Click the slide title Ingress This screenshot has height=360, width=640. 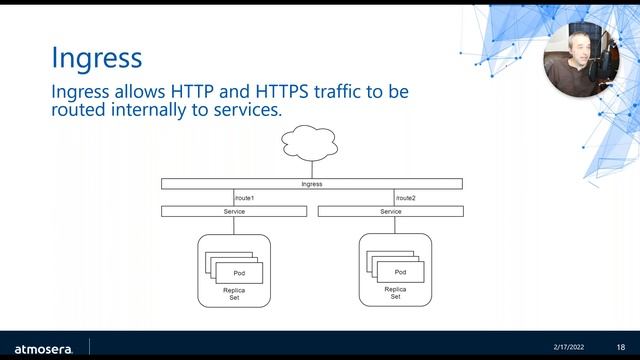pos(96,56)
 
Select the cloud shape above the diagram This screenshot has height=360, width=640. pos(311,143)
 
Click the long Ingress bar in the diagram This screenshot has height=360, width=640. pos(312,184)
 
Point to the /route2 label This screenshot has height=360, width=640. pos(405,198)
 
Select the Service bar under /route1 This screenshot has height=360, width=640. pos(234,211)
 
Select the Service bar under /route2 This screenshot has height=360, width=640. pos(390,211)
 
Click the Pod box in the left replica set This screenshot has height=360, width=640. pos(239,272)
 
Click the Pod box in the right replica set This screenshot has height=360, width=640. pos(400,271)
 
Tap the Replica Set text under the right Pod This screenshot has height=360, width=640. pos(395,293)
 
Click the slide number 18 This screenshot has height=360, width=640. pos(620,346)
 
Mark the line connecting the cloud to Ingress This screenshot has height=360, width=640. pos(311,169)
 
